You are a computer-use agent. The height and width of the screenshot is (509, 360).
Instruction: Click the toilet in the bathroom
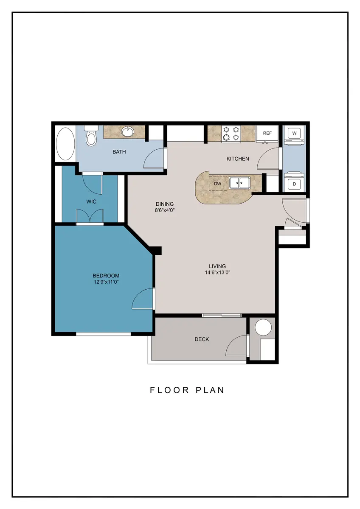[x=91, y=136]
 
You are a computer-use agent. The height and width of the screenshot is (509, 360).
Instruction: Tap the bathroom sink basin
[x=128, y=131]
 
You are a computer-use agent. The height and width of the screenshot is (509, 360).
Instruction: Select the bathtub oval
[x=65, y=144]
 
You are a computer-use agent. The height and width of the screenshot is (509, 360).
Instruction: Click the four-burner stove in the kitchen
[x=231, y=134]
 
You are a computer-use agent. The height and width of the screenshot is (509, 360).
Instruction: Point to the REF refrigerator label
[x=267, y=133]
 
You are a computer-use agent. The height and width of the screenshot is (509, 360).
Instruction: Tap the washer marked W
[x=294, y=133]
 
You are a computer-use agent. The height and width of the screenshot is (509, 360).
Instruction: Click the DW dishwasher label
[x=218, y=184]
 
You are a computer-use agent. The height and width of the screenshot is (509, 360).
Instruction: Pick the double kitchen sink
[x=240, y=183]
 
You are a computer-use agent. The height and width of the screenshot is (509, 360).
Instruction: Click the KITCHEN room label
[x=238, y=159]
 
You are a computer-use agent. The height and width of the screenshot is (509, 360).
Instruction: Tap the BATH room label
[x=119, y=152]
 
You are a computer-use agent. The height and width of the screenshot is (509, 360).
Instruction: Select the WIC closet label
[x=91, y=201]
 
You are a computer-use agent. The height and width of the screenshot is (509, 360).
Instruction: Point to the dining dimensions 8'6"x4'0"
[x=165, y=210]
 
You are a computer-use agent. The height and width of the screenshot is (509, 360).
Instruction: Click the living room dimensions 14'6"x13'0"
[x=218, y=272]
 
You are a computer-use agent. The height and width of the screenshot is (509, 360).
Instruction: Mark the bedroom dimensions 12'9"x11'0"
[x=106, y=282]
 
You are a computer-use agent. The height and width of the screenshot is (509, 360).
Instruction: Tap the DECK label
[x=202, y=339]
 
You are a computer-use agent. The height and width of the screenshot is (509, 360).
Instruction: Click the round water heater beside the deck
[x=263, y=327]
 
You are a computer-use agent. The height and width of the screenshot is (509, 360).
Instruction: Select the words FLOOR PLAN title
[x=187, y=390]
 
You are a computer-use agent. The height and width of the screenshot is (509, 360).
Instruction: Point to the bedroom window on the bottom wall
[x=103, y=334]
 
